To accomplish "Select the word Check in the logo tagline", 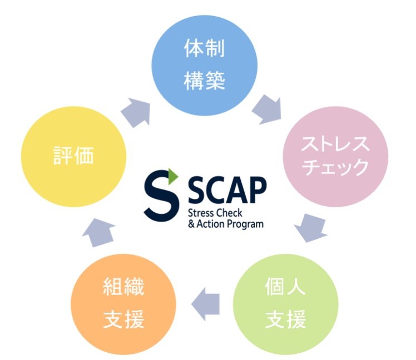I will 236,213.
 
